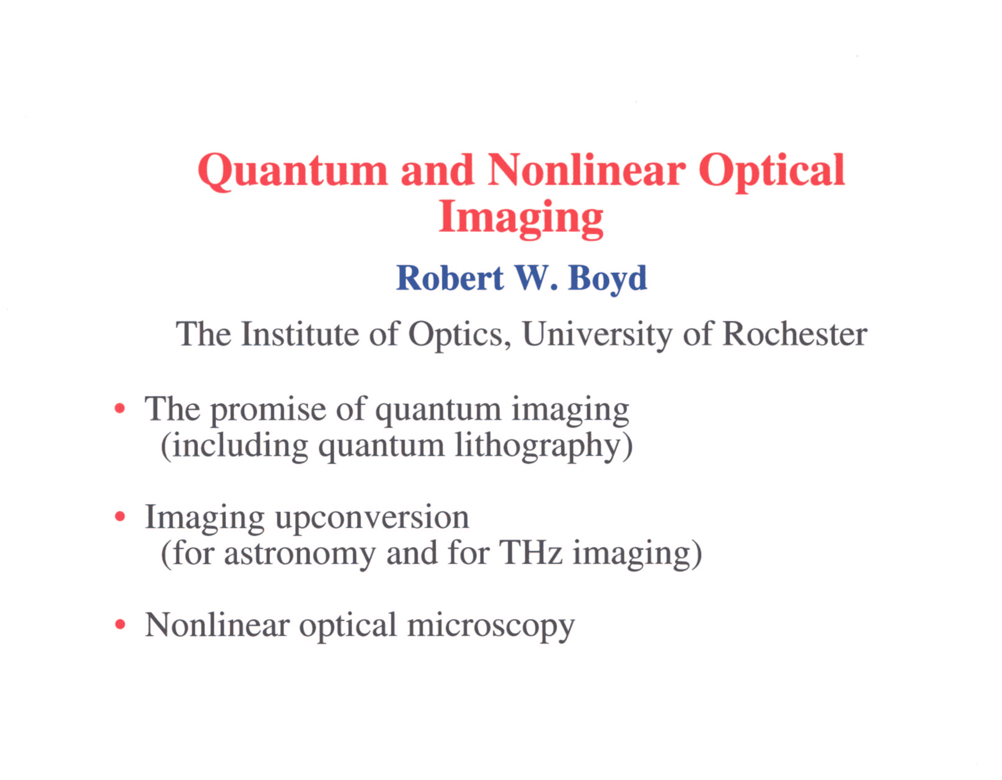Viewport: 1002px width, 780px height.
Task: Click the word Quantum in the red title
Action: pos(293,172)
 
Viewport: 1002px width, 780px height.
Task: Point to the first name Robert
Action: pos(450,278)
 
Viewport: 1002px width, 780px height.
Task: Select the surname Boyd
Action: pos(607,280)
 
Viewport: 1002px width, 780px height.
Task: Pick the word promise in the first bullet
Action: pos(268,410)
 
